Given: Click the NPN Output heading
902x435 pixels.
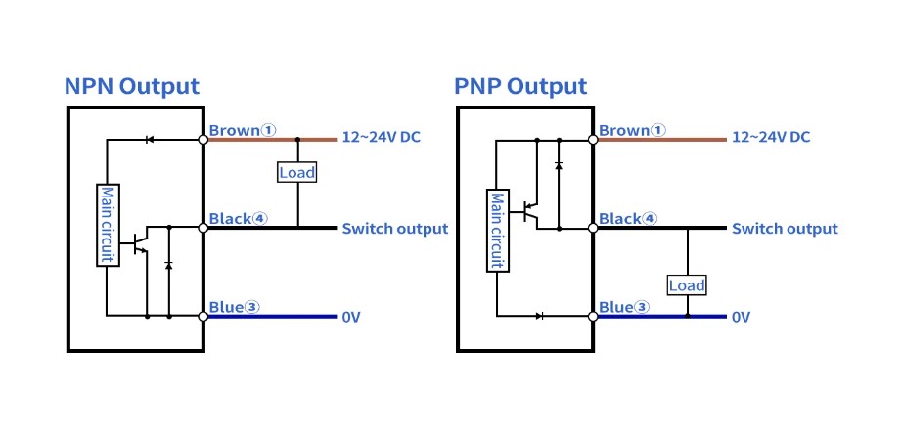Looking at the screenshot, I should (x=131, y=86).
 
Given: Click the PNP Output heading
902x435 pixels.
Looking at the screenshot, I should (x=520, y=86).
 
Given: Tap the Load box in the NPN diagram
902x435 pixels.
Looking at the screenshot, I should (x=296, y=172).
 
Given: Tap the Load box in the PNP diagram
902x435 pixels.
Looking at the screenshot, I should (x=687, y=285).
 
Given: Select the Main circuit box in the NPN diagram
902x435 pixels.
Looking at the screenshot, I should (x=107, y=225).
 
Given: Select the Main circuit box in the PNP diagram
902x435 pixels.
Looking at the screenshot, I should (x=497, y=231).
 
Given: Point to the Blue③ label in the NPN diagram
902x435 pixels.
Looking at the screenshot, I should (x=235, y=307).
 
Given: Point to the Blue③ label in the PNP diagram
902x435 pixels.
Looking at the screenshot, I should (x=624, y=307).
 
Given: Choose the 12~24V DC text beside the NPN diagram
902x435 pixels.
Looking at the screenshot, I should (x=381, y=137).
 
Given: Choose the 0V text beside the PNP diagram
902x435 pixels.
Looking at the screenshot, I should (x=741, y=317).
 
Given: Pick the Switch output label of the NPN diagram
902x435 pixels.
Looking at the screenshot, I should (x=394, y=229).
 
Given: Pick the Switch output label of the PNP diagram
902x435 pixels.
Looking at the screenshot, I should (x=785, y=229).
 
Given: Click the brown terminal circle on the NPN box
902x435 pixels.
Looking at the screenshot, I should (x=203, y=140).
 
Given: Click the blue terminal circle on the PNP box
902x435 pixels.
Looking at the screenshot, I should (x=594, y=316).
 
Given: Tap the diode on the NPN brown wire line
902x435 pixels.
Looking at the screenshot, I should (x=149, y=140).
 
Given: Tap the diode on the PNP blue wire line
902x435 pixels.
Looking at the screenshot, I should (x=539, y=316).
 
